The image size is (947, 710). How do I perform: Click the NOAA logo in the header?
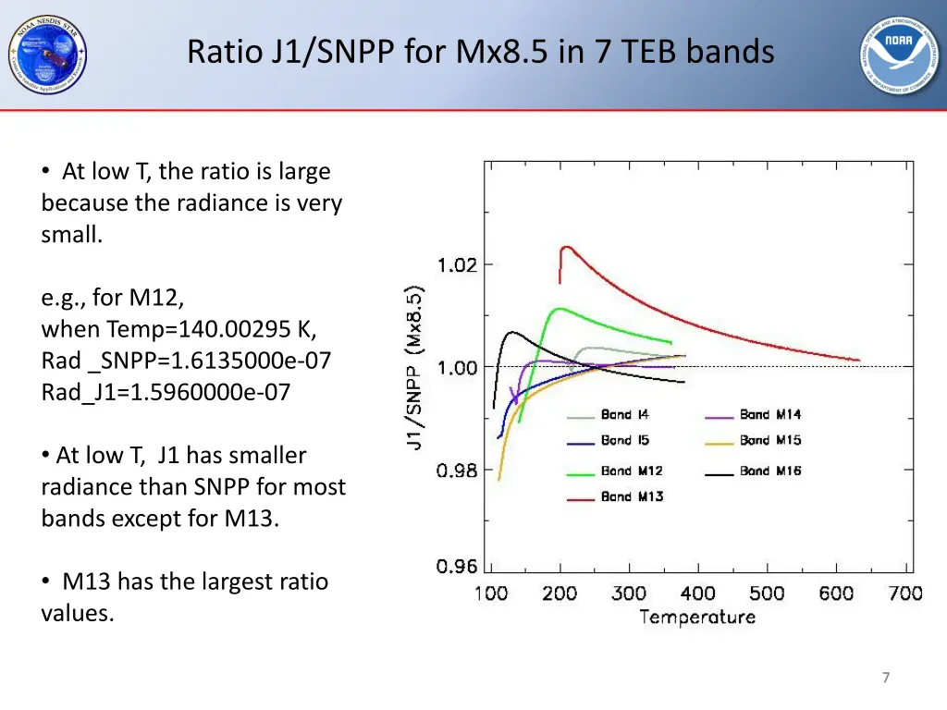pyautogui.click(x=900, y=55)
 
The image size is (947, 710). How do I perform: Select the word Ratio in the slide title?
pyautogui.click(x=225, y=52)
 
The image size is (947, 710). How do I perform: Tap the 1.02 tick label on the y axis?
pyautogui.click(x=457, y=265)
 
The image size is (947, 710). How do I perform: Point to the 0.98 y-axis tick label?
pyautogui.click(x=457, y=471)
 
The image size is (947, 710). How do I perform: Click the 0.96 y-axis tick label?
pyautogui.click(x=457, y=567)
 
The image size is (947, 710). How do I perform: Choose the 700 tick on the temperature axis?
pyautogui.click(x=904, y=594)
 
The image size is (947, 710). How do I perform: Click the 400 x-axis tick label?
pyautogui.click(x=697, y=594)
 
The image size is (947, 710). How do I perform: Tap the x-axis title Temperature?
pyautogui.click(x=697, y=618)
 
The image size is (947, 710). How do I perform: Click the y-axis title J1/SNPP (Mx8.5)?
pyautogui.click(x=415, y=367)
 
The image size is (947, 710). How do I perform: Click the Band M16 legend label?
pyautogui.click(x=770, y=471)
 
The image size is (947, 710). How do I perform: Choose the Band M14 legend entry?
pyautogui.click(x=770, y=415)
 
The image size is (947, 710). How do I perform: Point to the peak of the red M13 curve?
pyautogui.click(x=566, y=247)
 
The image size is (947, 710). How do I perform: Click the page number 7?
pyautogui.click(x=885, y=678)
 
